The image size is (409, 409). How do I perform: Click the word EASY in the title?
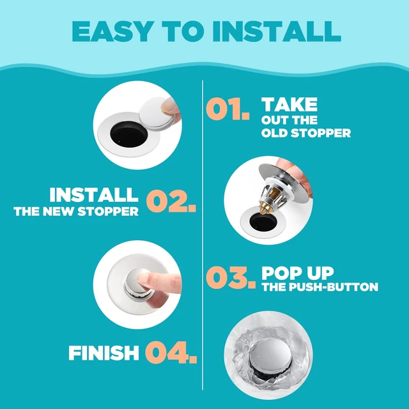[112, 31]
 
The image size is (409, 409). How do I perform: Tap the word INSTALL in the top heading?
[277, 31]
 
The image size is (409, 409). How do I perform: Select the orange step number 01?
[228, 109]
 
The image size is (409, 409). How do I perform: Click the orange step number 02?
[171, 201]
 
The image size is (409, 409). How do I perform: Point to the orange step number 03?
[231, 277]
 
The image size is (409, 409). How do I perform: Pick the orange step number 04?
[171, 352]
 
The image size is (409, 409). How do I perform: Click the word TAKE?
[289, 105]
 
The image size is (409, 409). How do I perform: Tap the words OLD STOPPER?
[306, 133]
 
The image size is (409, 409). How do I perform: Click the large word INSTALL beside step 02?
[94, 195]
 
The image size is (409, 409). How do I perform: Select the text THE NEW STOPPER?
[76, 212]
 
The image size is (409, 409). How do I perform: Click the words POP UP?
[298, 273]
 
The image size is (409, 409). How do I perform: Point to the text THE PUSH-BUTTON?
[320, 287]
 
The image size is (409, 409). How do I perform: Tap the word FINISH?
[104, 353]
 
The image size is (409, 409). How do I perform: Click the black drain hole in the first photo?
[129, 134]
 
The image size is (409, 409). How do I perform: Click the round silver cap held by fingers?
[157, 112]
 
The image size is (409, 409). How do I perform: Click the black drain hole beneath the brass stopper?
[263, 222]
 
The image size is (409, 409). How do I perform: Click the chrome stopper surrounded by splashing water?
[270, 355]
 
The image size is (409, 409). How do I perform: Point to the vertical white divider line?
[203, 235]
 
